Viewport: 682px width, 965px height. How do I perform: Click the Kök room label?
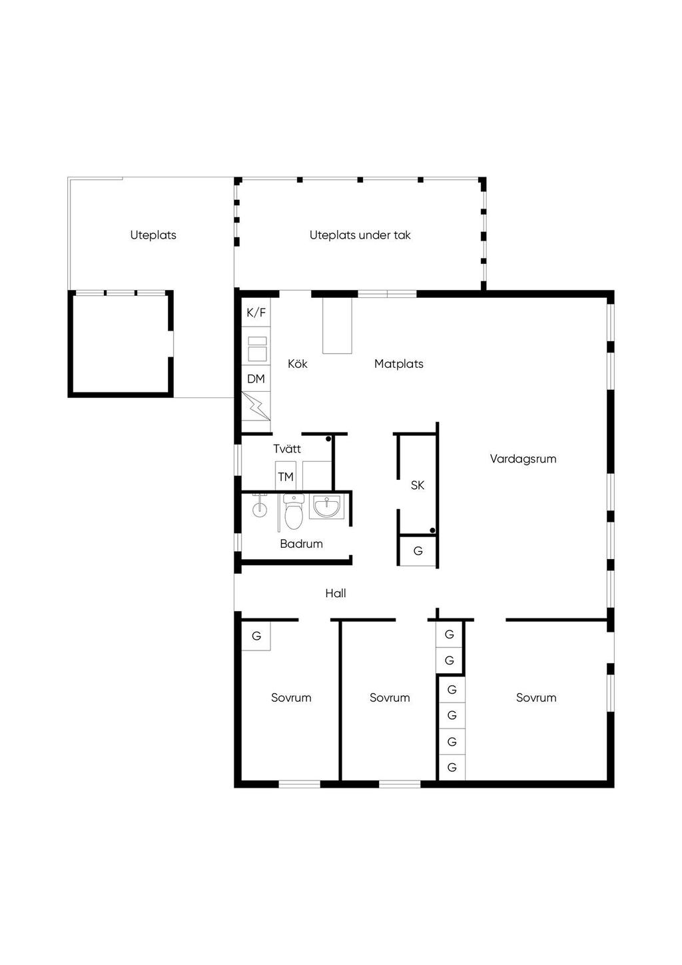tap(298, 364)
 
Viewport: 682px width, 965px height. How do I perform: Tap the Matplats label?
tap(399, 364)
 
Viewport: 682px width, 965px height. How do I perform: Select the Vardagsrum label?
tap(523, 459)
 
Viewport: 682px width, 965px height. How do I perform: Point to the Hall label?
tap(336, 593)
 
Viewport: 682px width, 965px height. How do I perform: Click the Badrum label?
tap(301, 544)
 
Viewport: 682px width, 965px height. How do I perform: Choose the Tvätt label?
tap(287, 449)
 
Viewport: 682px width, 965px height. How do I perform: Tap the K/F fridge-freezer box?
tap(256, 313)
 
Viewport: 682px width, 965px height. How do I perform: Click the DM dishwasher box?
tap(256, 379)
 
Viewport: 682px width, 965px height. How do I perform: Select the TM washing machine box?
tap(286, 477)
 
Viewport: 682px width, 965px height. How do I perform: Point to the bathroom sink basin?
tap(327, 506)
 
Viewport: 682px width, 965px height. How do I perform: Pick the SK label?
tap(417, 486)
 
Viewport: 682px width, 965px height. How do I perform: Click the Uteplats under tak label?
tap(360, 235)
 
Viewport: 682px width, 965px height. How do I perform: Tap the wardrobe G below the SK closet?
tap(418, 551)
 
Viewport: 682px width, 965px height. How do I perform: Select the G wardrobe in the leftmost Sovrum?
tap(256, 635)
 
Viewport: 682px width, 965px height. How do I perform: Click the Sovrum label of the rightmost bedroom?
tap(536, 698)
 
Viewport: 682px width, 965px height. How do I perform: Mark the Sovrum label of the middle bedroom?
tap(390, 698)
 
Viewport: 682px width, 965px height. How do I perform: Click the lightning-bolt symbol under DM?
tap(256, 406)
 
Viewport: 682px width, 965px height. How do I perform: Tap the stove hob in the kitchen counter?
tap(257, 349)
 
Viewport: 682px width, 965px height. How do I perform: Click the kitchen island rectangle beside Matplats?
tap(338, 326)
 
